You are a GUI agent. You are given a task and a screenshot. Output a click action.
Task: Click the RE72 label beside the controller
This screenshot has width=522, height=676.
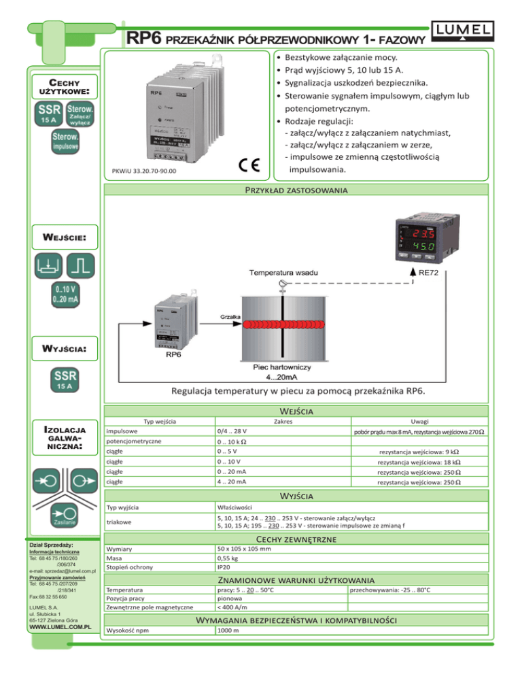point(434,273)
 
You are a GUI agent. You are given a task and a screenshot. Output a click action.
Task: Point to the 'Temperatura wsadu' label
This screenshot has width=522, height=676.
point(281,273)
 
